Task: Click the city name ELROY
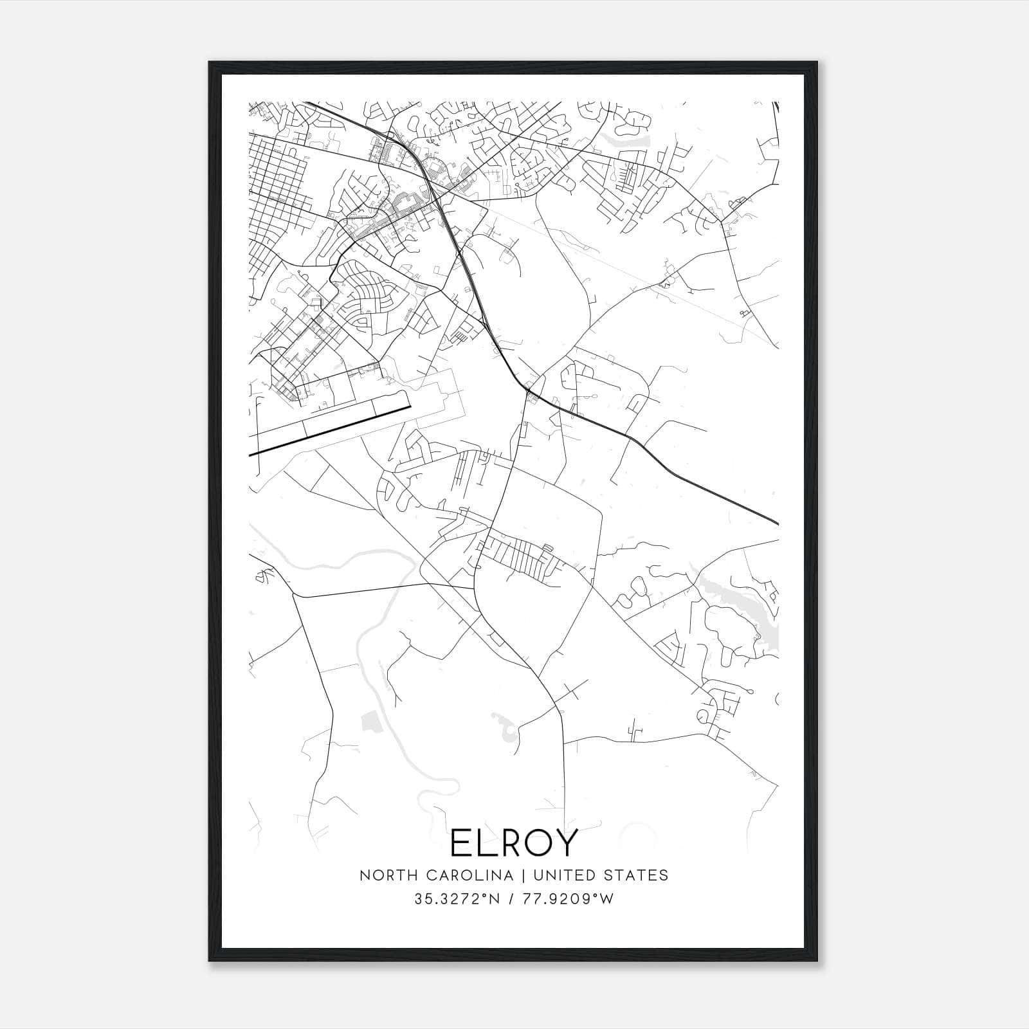coord(514,843)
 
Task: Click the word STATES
coord(637,875)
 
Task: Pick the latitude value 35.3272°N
coord(457,899)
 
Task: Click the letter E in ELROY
coord(461,843)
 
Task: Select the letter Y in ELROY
coord(565,843)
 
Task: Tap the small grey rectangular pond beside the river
coord(370,722)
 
